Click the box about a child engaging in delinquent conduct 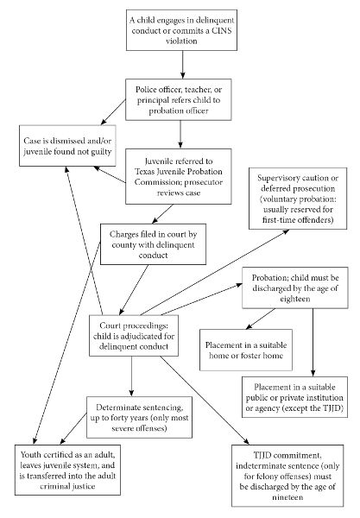181,30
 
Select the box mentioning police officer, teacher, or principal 179,99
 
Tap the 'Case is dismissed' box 67,146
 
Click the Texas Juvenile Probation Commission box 179,176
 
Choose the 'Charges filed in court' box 154,244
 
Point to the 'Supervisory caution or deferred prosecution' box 298,199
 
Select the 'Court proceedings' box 134,336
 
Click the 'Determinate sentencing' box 139,418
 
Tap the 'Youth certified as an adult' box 67,470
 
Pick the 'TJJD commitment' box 287,476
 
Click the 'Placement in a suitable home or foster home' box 246,350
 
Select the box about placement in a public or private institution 294,397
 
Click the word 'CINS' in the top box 222,30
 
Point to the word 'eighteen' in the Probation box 295,299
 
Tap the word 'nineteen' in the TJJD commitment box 287,497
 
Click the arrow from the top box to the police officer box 182,65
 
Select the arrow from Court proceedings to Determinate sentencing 132,376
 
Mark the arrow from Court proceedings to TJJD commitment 205,401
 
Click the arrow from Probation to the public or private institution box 313,343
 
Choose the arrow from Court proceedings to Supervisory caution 215,273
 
